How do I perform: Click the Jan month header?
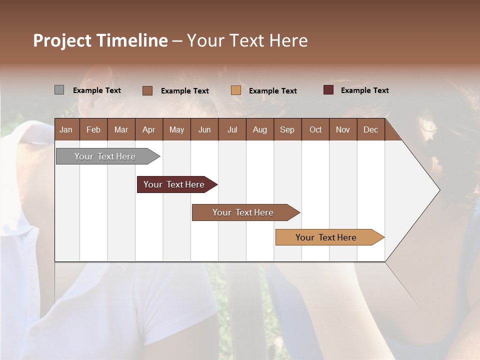tap(66, 129)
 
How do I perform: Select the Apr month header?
tap(148, 129)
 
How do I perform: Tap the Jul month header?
tap(232, 129)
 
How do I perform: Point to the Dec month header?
tap(370, 129)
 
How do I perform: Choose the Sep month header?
tap(287, 129)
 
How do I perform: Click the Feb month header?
tap(93, 129)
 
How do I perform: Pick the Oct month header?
tap(315, 129)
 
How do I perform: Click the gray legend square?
tap(59, 90)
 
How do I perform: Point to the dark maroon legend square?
tap(328, 90)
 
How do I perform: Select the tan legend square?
tap(236, 90)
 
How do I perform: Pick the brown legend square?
tap(147, 90)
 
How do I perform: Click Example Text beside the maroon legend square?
tap(364, 90)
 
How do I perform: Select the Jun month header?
tap(204, 129)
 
